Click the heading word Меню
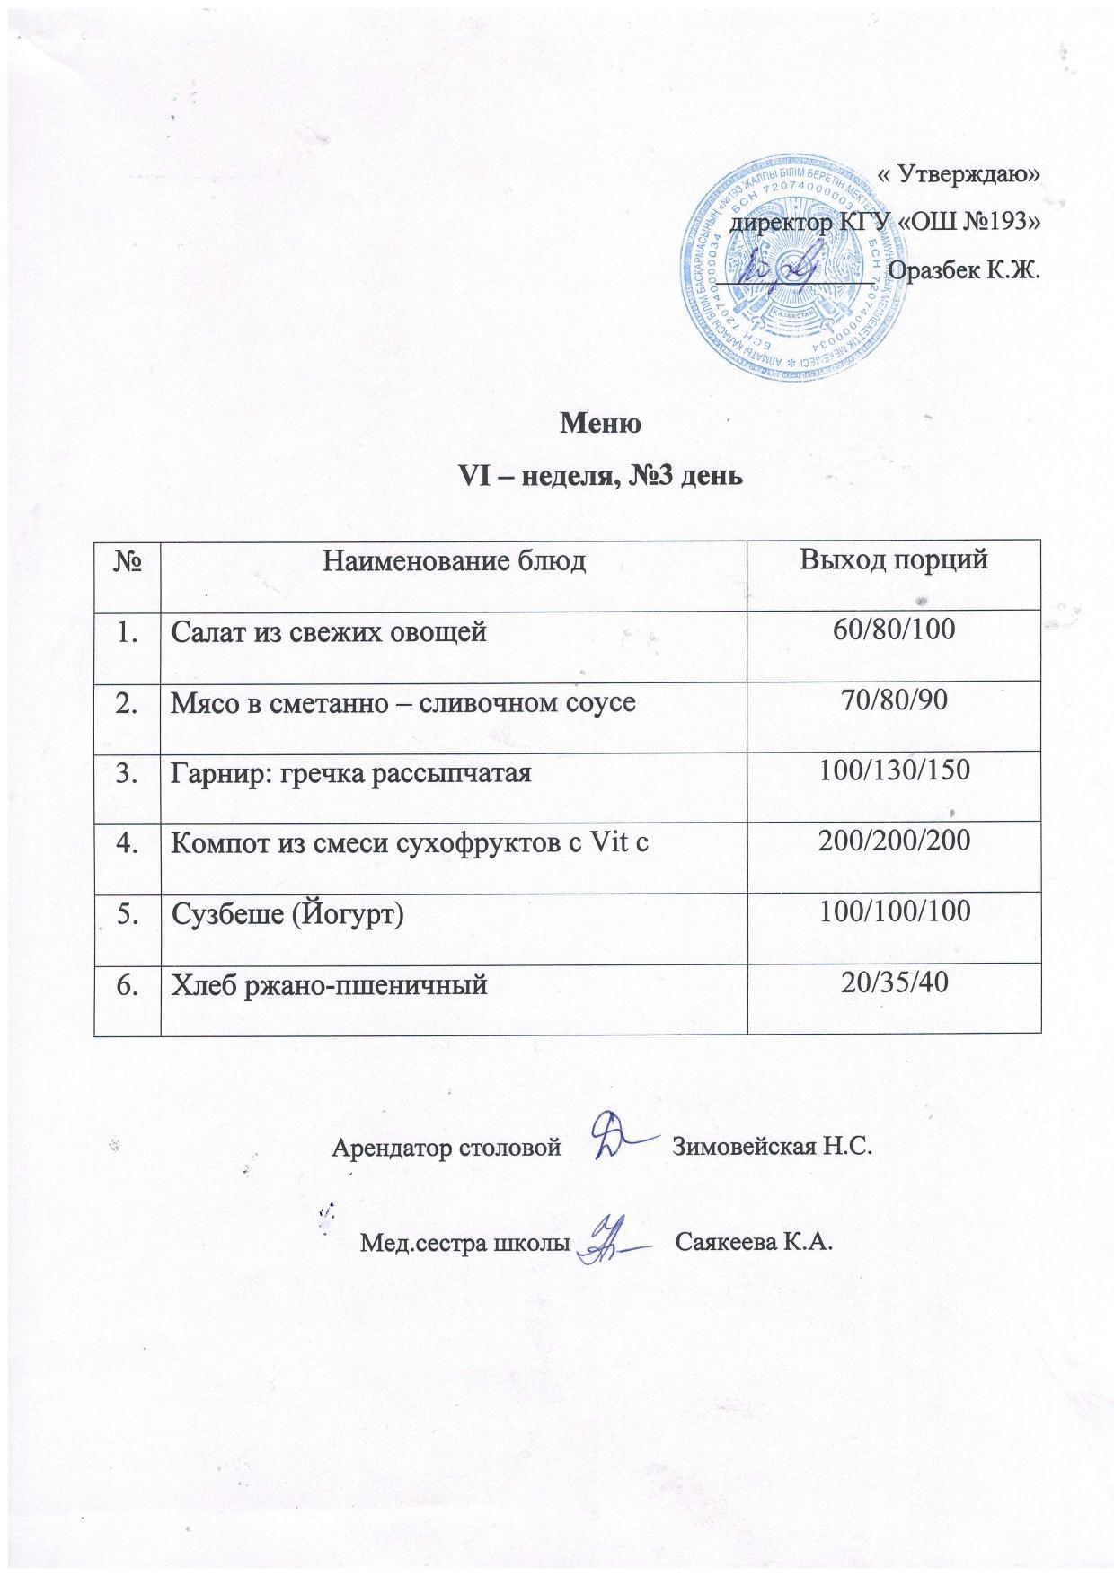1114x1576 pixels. coord(600,423)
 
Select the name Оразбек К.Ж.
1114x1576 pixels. coord(962,269)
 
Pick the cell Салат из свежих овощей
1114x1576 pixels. coord(329,632)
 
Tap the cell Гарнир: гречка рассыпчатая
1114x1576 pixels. coord(351,772)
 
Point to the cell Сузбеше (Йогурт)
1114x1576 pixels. coord(287,914)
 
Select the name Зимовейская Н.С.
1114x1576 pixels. coord(773,1148)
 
